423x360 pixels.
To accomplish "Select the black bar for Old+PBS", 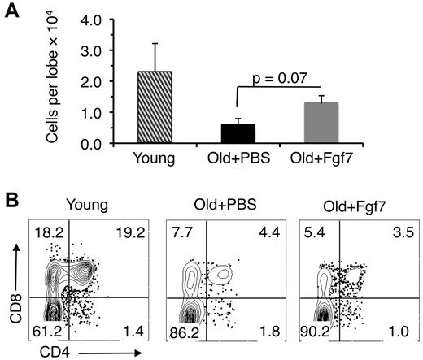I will (233, 133).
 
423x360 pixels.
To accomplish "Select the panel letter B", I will (11, 197).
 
